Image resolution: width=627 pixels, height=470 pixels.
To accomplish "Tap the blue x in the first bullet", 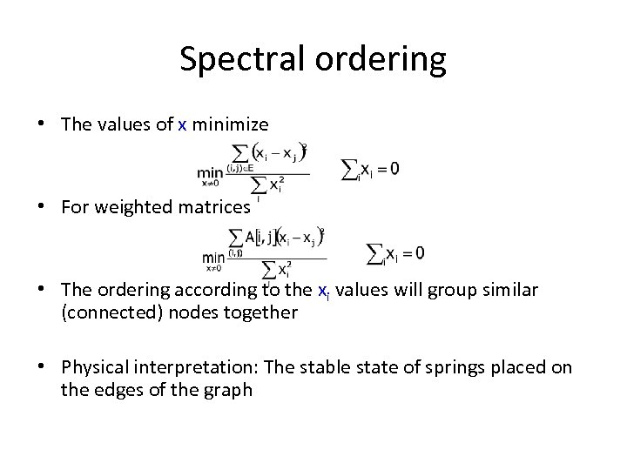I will click(x=182, y=124).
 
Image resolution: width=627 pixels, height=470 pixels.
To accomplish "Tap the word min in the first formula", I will click(x=211, y=173).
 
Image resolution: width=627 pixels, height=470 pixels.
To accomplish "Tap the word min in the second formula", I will click(x=214, y=257).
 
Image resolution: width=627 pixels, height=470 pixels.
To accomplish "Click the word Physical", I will click(x=95, y=367).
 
